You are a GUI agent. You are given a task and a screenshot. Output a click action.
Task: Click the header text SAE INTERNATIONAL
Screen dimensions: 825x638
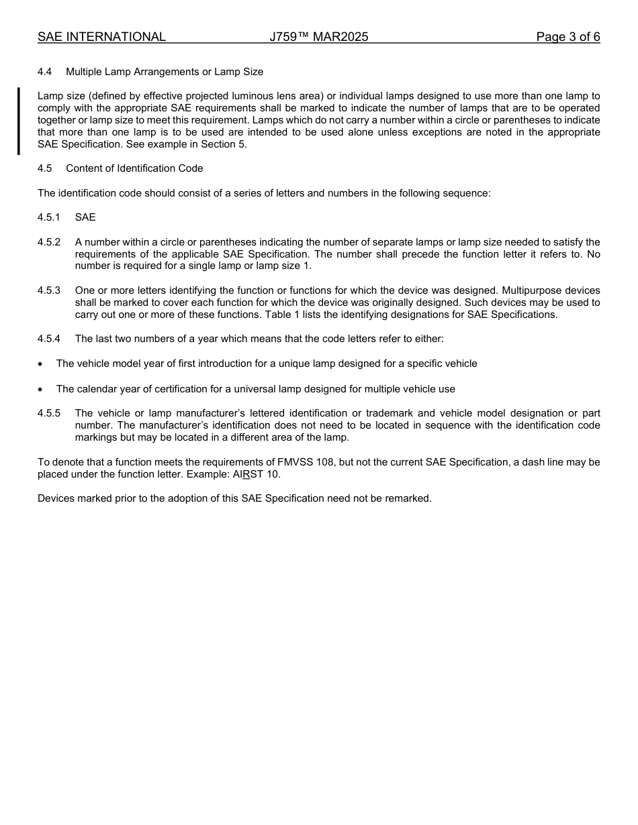(101, 37)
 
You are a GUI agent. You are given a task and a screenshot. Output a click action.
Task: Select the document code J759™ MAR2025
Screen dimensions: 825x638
(318, 37)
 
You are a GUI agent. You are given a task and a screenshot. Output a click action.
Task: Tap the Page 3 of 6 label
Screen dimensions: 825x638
(567, 37)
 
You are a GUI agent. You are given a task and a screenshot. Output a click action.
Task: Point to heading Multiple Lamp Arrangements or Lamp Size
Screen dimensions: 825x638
(165, 72)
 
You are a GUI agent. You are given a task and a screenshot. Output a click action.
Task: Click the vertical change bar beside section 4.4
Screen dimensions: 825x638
(19, 121)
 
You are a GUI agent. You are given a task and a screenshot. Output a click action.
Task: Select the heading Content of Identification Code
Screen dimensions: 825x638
(134, 168)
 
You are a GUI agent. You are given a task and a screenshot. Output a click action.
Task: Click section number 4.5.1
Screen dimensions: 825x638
(49, 217)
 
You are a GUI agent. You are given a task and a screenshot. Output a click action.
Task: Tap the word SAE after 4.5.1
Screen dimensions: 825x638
(85, 217)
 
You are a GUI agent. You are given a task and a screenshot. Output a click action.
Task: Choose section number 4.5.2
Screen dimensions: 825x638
(49, 242)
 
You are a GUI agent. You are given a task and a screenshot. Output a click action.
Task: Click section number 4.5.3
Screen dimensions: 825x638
(49, 290)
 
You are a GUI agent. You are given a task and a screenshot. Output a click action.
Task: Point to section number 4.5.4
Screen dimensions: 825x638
(49, 339)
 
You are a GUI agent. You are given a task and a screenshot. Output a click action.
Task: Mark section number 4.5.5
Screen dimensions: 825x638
(49, 413)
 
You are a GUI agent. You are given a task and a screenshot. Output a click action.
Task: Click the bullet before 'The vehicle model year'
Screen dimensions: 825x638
(40, 364)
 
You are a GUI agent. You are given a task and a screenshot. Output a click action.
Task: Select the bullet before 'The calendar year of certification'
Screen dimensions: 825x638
(40, 390)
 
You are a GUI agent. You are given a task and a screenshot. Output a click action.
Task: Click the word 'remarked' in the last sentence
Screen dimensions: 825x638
(408, 498)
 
